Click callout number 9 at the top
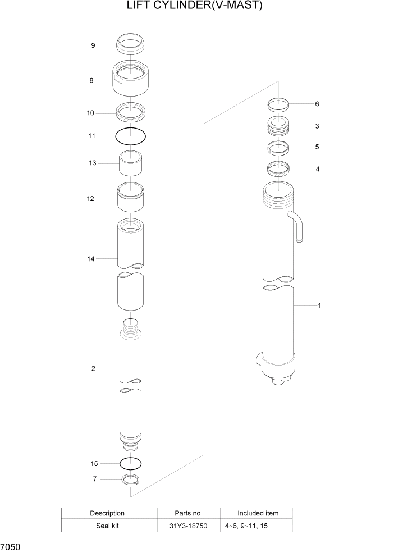click(x=93, y=45)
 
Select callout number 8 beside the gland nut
click(x=91, y=81)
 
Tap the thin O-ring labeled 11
click(x=130, y=136)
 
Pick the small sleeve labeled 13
click(x=130, y=163)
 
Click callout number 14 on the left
click(x=91, y=259)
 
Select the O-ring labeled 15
click(x=130, y=463)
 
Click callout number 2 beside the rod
click(x=93, y=369)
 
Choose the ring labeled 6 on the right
click(x=278, y=104)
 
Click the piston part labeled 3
click(x=278, y=127)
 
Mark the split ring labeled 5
click(x=278, y=148)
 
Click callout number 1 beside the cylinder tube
click(x=319, y=305)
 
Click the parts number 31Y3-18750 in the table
click(x=189, y=526)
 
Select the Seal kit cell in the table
click(x=107, y=526)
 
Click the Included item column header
click(x=258, y=513)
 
